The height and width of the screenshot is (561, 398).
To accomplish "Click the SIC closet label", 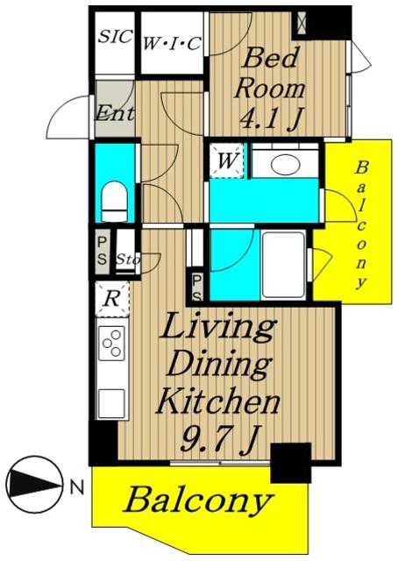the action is pos(115,36).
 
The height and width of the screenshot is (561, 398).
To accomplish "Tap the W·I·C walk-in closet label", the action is pos(172,44).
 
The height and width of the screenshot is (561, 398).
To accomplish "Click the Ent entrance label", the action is pos(115,112).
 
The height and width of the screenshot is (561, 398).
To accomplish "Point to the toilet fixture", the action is pos(115,202).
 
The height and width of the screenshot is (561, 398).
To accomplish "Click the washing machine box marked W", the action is pos(226,160).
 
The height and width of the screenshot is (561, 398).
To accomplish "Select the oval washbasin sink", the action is pos(285,165).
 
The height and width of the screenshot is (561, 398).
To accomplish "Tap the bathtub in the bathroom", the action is pos(283,265).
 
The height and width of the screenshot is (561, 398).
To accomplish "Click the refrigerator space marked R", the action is pos(112,299).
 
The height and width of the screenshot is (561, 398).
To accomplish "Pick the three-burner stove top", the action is pos(111,343).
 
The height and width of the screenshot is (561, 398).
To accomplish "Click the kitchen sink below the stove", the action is pos(111,403).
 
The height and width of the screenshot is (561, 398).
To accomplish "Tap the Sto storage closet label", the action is pos(128,259).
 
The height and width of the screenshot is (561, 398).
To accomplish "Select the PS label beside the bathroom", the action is pos(197,288).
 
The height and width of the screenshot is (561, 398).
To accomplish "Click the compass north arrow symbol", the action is pos(34,485).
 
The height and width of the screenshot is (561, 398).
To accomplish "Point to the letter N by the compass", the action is pos(76,487).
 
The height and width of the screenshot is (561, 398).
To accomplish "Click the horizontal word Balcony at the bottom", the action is pos(197,501).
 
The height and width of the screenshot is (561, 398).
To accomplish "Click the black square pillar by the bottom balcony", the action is pos(291,463).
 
